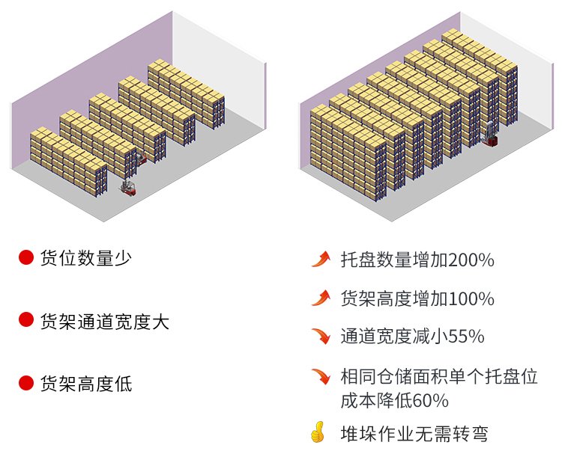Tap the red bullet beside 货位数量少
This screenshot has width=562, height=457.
26,258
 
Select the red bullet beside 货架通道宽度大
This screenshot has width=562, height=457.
26,321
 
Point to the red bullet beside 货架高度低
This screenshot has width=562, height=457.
26,384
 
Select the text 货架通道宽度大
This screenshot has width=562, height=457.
105,322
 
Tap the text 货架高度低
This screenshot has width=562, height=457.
86,384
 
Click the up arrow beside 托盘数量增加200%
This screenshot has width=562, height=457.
321,260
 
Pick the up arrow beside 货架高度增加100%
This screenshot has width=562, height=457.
321,298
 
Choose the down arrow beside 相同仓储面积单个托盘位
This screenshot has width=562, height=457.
321,375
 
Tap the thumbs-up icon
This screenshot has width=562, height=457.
318,432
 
